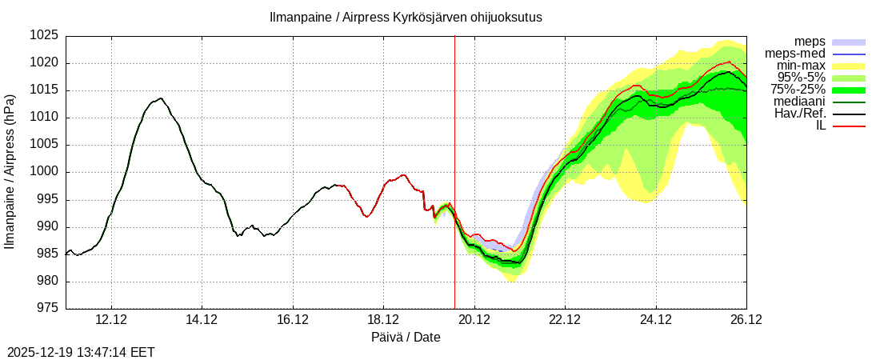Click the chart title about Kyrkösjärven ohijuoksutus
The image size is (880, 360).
coord(406,17)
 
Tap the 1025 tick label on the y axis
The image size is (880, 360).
coord(45,36)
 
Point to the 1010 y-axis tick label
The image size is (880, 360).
coord(45,118)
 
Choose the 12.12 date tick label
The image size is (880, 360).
coord(110,320)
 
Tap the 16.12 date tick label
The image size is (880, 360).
coord(293,320)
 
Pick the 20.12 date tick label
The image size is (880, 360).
coord(474,320)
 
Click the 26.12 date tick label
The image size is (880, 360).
coord(746,320)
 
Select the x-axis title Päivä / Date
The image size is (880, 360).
coord(406,338)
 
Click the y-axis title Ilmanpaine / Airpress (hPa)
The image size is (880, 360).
coord(10,172)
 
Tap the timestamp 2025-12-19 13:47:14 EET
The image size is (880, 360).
coord(81,352)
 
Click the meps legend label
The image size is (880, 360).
coord(810,42)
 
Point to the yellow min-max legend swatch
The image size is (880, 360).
coord(849,66)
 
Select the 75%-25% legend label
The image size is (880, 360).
coord(798,90)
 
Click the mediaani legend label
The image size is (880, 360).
coord(800,102)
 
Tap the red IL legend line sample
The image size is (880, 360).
coord(849,126)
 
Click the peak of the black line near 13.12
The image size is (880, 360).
coord(161,98)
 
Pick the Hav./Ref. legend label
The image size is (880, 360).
coord(800,114)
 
